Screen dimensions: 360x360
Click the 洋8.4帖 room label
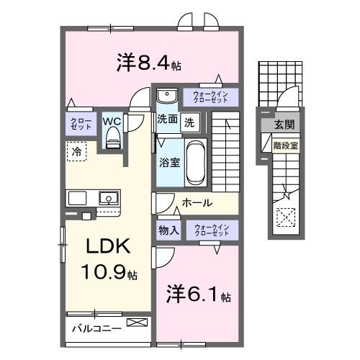148,63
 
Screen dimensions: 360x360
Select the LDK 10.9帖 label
109,259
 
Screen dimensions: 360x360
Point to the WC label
112,121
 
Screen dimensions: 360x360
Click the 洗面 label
168,121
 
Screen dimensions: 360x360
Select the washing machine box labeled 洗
189,122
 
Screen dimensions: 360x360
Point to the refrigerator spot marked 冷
76,151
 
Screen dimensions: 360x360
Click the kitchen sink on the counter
109,197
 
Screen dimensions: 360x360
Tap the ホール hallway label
196,203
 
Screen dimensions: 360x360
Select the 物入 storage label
168,230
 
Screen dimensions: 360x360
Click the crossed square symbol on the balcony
135,323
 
